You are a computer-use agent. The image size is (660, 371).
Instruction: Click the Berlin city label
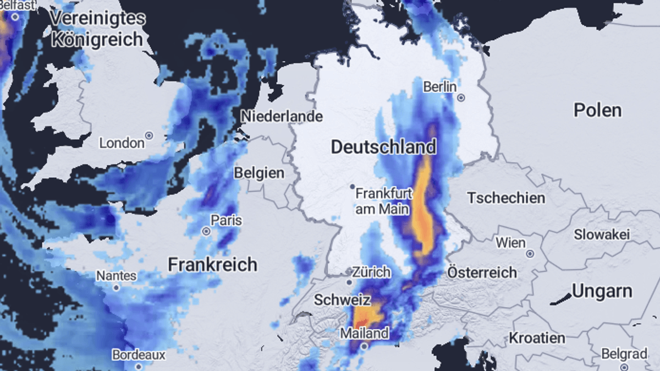point(440,87)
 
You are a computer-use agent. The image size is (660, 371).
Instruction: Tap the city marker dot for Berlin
point(461,98)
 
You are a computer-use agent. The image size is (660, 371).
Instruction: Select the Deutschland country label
point(383,147)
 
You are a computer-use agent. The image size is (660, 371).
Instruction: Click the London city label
point(122,143)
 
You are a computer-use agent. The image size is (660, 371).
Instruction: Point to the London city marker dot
point(148,135)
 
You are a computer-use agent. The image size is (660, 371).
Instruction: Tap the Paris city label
point(227,221)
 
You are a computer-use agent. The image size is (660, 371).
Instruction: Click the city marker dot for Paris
point(206,232)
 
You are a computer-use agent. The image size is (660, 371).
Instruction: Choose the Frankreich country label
point(212,264)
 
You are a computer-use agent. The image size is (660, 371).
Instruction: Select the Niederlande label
point(282,117)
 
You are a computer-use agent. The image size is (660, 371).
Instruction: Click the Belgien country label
point(259,173)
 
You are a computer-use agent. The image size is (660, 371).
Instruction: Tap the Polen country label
point(598,110)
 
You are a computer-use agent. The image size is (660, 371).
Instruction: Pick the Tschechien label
point(506,198)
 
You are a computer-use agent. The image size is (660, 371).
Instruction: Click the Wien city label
point(510,242)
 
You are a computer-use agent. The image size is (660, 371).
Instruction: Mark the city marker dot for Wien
point(530,254)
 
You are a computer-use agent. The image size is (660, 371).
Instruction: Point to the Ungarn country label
point(602,291)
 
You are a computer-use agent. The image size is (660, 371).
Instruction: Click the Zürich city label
point(371,272)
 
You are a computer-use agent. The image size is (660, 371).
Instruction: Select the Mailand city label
point(364,333)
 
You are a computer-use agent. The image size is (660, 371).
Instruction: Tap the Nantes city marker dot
point(116,287)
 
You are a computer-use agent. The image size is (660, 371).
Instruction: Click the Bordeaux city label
point(139,355)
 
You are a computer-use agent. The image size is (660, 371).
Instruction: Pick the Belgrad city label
point(624,354)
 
